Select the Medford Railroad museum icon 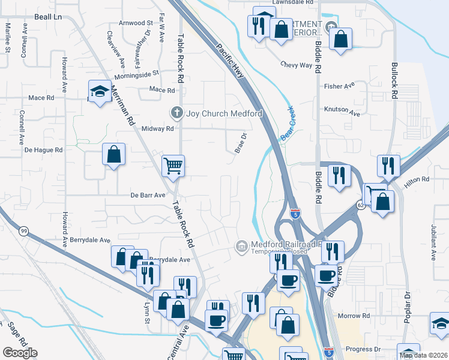(x=241, y=247)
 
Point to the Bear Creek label (x=289, y=129)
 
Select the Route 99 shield (x=24, y=231)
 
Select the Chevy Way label (x=297, y=65)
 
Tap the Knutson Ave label (x=342, y=113)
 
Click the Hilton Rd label (x=417, y=179)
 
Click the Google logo (x=20, y=352)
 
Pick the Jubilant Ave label (x=432, y=235)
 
